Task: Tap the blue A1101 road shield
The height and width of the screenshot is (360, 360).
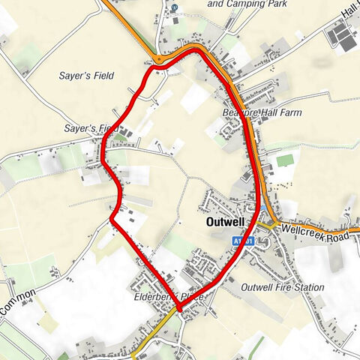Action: (238, 241)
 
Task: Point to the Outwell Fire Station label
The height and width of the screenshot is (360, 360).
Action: (283, 287)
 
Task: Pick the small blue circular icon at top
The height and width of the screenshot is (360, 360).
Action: (174, 7)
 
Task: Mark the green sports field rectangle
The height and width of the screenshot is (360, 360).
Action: (284, 160)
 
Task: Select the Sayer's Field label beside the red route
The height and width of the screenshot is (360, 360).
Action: (87, 129)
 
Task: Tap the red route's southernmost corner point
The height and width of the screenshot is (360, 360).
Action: (179, 308)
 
